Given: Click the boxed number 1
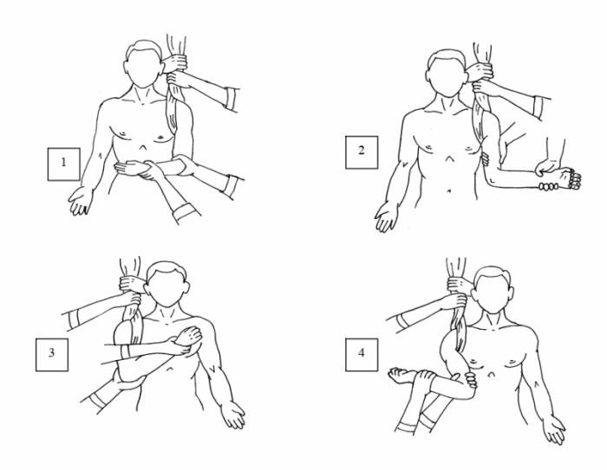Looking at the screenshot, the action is click(64, 164).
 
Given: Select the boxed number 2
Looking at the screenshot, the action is click(362, 152).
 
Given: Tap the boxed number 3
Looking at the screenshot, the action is click(52, 355).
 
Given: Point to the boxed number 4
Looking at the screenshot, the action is click(362, 355).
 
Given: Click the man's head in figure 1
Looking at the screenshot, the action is click(143, 64).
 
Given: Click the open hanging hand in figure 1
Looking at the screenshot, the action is click(81, 200).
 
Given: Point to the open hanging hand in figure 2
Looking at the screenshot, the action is click(387, 217).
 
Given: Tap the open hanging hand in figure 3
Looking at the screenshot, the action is click(233, 415).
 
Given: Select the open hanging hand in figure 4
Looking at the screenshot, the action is click(553, 429).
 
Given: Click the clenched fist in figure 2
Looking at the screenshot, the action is click(570, 177).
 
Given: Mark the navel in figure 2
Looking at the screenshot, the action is click(448, 190).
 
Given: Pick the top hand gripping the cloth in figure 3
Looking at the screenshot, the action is click(133, 283).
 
